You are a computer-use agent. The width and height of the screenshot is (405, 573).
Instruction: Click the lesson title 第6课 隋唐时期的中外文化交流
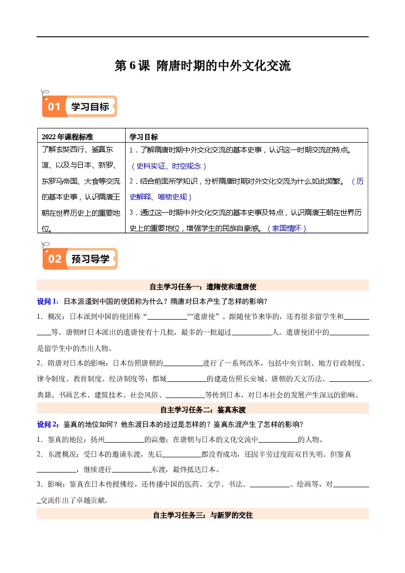[x=202, y=66]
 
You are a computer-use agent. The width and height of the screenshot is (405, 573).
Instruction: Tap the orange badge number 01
[x=54, y=107]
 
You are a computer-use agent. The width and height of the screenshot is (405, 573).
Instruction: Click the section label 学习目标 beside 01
[x=90, y=107]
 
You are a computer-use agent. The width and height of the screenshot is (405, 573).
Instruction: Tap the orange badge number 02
[x=54, y=259]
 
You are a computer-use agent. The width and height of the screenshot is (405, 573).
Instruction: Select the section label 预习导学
[x=90, y=259]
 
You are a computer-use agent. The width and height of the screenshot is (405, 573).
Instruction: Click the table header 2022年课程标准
[x=67, y=137]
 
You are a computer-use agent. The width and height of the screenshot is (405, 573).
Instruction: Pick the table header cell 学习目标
[x=144, y=137]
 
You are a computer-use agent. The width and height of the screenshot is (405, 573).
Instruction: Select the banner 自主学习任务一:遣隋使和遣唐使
[x=202, y=286]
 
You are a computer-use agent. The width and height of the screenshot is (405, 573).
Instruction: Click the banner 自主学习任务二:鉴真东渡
[x=202, y=409]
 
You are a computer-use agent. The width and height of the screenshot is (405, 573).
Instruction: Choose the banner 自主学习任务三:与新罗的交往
[x=202, y=515]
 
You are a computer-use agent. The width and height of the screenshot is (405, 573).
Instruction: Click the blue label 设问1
[x=48, y=301]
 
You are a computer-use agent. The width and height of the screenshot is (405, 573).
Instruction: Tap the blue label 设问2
[x=48, y=424]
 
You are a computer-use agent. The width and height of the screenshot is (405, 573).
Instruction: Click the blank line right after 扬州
[x=125, y=440]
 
